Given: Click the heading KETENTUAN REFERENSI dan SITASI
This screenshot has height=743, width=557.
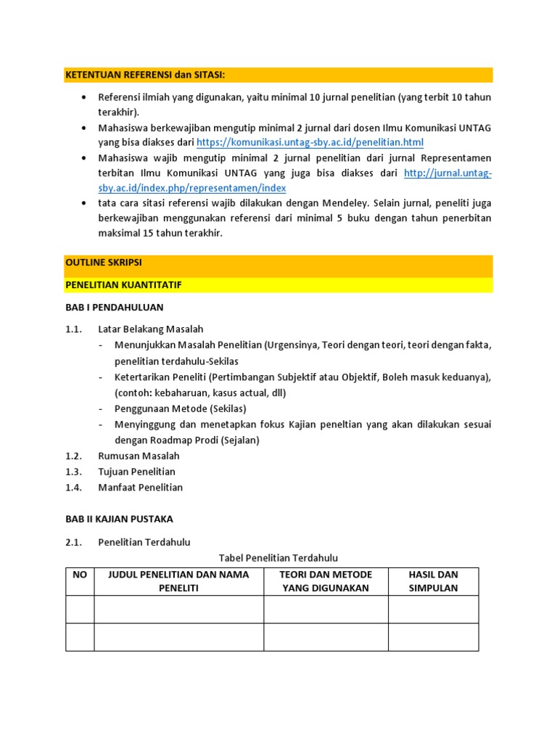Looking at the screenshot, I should [x=145, y=75].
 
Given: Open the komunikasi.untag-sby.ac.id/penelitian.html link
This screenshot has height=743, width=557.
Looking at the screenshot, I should [x=310, y=143].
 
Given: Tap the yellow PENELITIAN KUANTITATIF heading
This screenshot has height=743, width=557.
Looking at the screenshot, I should [x=123, y=285].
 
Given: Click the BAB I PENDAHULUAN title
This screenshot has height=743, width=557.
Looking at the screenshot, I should [x=115, y=308].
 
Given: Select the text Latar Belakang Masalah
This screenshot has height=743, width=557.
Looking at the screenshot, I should [x=151, y=329].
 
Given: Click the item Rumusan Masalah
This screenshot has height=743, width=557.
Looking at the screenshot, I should [x=139, y=456].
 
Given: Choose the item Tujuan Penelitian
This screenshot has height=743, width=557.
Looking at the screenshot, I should [x=137, y=472].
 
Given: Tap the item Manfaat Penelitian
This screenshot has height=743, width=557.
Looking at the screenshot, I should [x=141, y=488].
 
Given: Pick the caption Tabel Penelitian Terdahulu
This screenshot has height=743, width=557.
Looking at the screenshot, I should [x=278, y=558].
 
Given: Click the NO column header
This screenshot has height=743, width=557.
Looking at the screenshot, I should [x=80, y=575].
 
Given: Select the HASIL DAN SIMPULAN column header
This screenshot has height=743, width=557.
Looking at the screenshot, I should [x=433, y=581].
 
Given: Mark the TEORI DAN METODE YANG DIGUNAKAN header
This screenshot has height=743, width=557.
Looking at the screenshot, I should [x=326, y=581].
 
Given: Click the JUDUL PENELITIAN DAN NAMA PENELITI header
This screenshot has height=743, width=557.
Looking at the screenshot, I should [x=178, y=581].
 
